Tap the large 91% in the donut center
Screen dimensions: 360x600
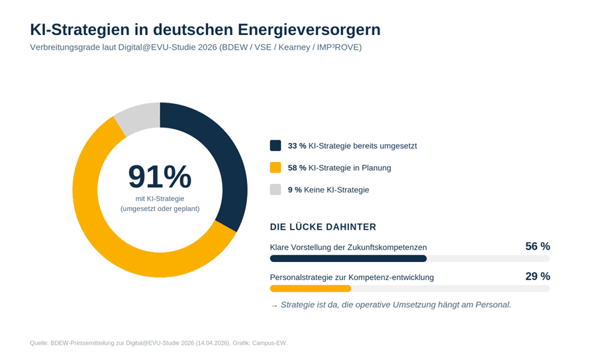pyautogui.click(x=160, y=177)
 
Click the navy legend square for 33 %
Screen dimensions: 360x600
pyautogui.click(x=275, y=146)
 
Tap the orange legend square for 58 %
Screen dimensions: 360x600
pyautogui.click(x=275, y=167)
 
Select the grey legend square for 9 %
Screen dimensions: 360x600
pyautogui.click(x=275, y=189)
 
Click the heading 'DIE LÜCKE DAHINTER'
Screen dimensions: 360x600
pyautogui.click(x=323, y=227)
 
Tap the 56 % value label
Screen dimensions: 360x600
pyautogui.click(x=537, y=246)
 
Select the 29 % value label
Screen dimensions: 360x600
pyautogui.click(x=537, y=277)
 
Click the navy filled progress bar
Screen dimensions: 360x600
pyautogui.click(x=348, y=259)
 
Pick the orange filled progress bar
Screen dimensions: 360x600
pyautogui.click(x=310, y=289)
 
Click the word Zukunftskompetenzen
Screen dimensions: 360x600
pyautogui.click(x=386, y=247)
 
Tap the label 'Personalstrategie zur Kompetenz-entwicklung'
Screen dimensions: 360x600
pyautogui.click(x=352, y=277)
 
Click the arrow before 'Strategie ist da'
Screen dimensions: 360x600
pyautogui.click(x=274, y=305)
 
